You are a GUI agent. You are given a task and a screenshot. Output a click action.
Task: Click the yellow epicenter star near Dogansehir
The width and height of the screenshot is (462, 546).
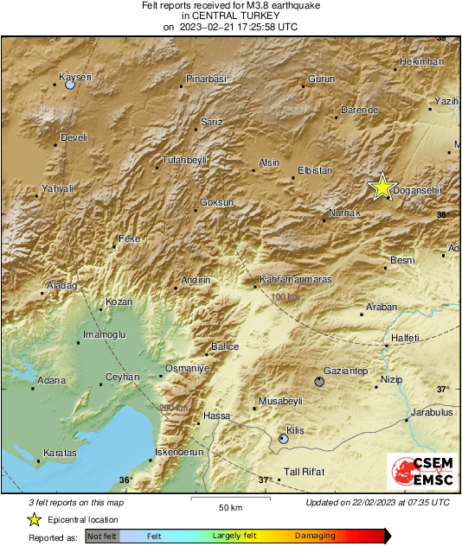click(x=382, y=187)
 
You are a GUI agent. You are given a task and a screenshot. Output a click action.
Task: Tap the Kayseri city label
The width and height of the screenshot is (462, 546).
click(x=74, y=78)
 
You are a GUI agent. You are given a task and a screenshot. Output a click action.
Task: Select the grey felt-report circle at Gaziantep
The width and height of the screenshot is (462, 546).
click(x=320, y=381)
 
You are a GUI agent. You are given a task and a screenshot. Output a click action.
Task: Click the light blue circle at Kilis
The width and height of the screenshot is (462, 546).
click(x=284, y=440)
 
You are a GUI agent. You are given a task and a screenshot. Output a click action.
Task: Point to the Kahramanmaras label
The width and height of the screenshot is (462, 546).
click(x=297, y=280)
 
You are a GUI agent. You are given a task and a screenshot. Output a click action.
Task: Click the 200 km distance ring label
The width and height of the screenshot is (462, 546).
click(x=172, y=408)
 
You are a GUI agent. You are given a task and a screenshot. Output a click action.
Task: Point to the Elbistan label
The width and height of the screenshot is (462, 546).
click(x=314, y=171)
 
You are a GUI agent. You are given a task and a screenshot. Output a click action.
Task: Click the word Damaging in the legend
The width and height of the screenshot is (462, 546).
click(x=315, y=536)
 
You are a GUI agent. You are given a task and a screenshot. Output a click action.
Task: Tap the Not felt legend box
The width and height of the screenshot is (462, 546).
click(x=103, y=536)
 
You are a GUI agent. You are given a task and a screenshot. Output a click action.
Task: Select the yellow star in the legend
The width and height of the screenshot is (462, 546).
click(x=35, y=519)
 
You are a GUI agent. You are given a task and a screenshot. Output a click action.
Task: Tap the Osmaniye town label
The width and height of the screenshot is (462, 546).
click(x=188, y=368)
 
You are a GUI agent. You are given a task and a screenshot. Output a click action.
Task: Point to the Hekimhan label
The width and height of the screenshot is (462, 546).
click(x=423, y=62)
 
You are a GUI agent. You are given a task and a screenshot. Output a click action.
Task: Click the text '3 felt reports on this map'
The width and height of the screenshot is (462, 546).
click(x=76, y=502)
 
